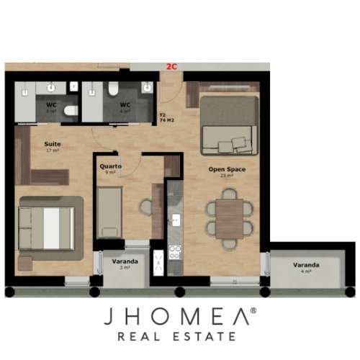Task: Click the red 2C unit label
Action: [x=171, y=66]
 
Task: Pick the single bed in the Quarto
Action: [x=110, y=211]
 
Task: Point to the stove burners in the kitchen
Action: [x=174, y=251]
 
